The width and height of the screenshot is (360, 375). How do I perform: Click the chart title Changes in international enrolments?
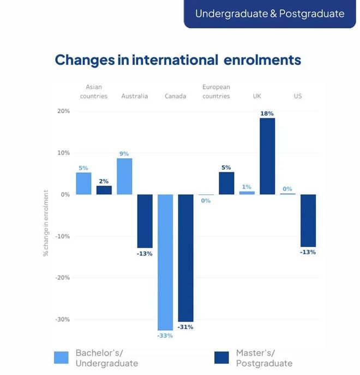(178, 60)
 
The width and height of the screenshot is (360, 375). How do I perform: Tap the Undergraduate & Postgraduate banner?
(269, 14)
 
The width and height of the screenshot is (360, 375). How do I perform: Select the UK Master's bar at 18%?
(267, 156)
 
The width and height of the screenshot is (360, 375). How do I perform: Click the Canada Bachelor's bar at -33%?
(165, 262)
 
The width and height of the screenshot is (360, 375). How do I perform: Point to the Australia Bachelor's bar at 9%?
(124, 176)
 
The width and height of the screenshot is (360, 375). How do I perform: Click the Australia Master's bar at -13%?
(145, 221)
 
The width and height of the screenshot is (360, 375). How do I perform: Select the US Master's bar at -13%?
(308, 220)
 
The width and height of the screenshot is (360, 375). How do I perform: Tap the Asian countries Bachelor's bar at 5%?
(83, 183)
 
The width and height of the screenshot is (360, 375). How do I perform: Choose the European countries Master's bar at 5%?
(226, 183)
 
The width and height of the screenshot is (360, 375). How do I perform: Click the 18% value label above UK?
(267, 114)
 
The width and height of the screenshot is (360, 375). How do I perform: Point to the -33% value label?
(165, 336)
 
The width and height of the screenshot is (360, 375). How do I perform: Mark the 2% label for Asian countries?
(104, 181)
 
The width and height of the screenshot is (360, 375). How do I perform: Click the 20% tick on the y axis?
(63, 111)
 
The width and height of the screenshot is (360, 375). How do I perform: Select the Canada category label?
(176, 96)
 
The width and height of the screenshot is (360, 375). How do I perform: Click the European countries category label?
(216, 91)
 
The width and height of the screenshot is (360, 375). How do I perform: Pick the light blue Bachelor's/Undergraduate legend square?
(62, 358)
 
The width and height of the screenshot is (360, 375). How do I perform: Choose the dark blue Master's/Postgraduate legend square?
(221, 358)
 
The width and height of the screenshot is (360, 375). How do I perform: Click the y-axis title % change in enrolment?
(46, 223)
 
